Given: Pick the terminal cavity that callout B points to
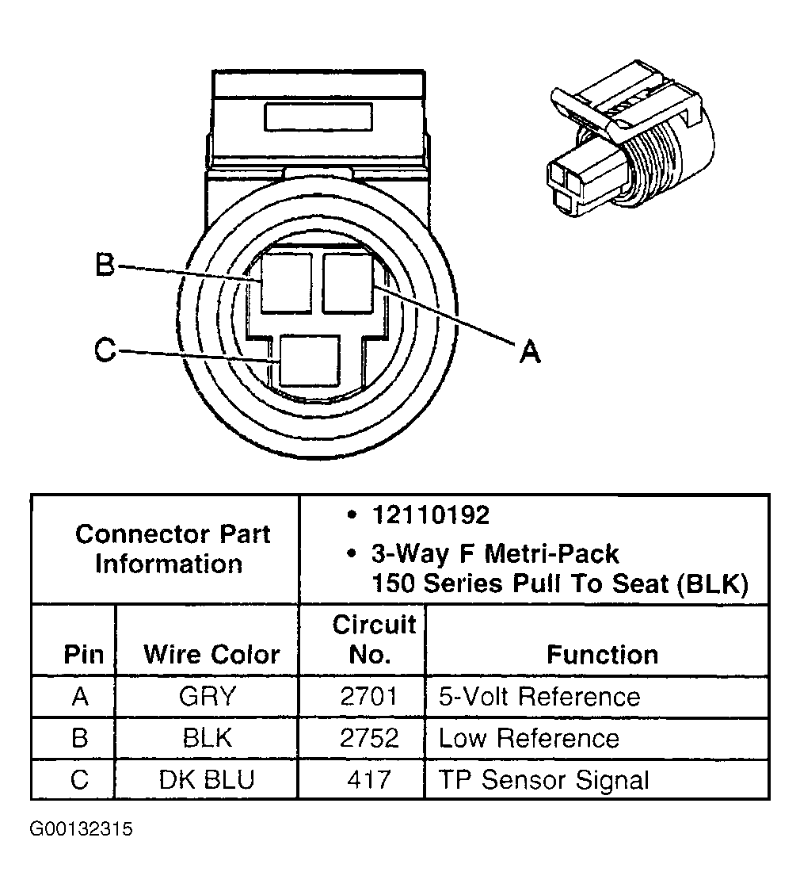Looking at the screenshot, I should coord(287,282).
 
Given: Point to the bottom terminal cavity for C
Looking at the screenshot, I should coord(310,361).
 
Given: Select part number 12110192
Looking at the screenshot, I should coord(430,515).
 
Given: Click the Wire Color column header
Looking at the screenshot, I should coord(211,655).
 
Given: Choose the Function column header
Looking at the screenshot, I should coord(602,655).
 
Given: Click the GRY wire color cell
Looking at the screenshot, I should coord(208,697).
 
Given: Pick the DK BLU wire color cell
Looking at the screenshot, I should coord(208,780).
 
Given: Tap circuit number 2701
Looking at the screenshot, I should coord(369,697).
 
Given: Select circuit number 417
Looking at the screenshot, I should coord(369,780).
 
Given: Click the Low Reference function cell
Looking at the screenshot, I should coord(528,739).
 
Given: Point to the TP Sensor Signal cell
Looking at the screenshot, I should coord(543,780).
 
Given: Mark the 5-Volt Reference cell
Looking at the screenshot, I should coord(539,697).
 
